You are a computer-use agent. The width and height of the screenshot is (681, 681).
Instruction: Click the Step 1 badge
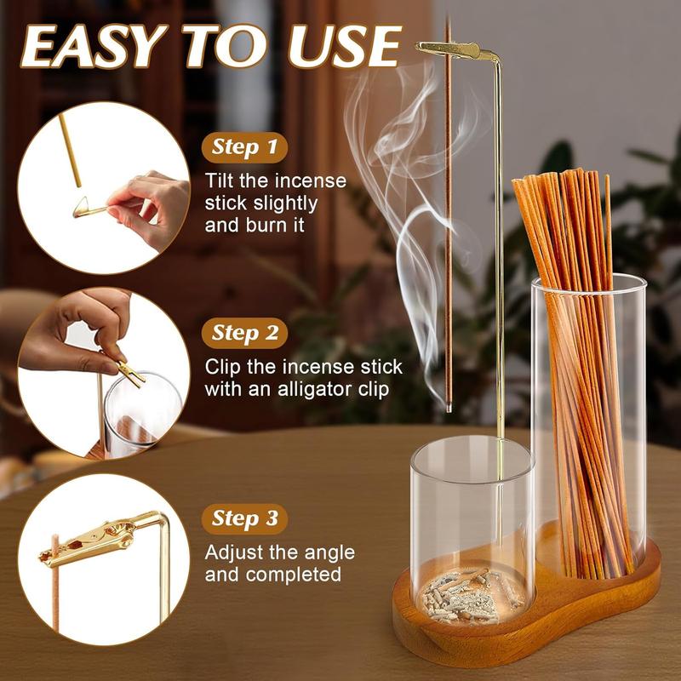tap(243, 148)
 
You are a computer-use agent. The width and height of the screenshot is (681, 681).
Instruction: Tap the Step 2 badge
tap(244, 332)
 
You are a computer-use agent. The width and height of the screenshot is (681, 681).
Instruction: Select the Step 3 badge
tap(244, 518)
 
